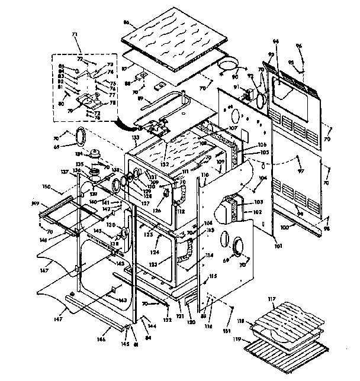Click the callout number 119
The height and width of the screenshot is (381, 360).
pos(253,340)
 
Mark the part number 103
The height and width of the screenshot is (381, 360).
pos(258,202)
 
